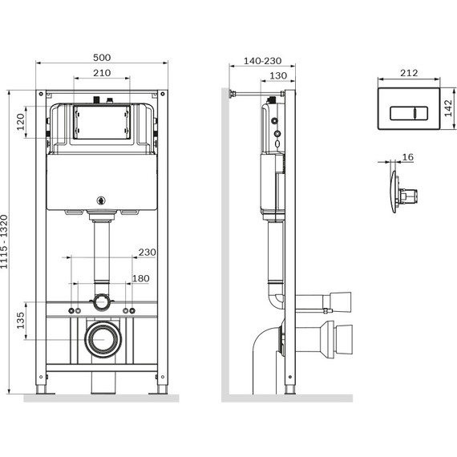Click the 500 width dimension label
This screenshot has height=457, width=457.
click(102, 58)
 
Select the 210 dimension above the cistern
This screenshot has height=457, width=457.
click(102, 73)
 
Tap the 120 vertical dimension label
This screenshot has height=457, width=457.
click(20, 122)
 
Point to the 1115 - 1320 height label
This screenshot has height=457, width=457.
click(4, 241)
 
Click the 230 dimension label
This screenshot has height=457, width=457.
click(148, 252)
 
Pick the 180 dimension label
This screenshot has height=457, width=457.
click(141, 279)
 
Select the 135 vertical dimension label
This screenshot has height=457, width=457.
click(20, 321)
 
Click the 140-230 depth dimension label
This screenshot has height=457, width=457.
click(263, 61)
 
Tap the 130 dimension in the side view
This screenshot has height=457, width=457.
click(278, 76)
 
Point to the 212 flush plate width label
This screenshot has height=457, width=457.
click(409, 73)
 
